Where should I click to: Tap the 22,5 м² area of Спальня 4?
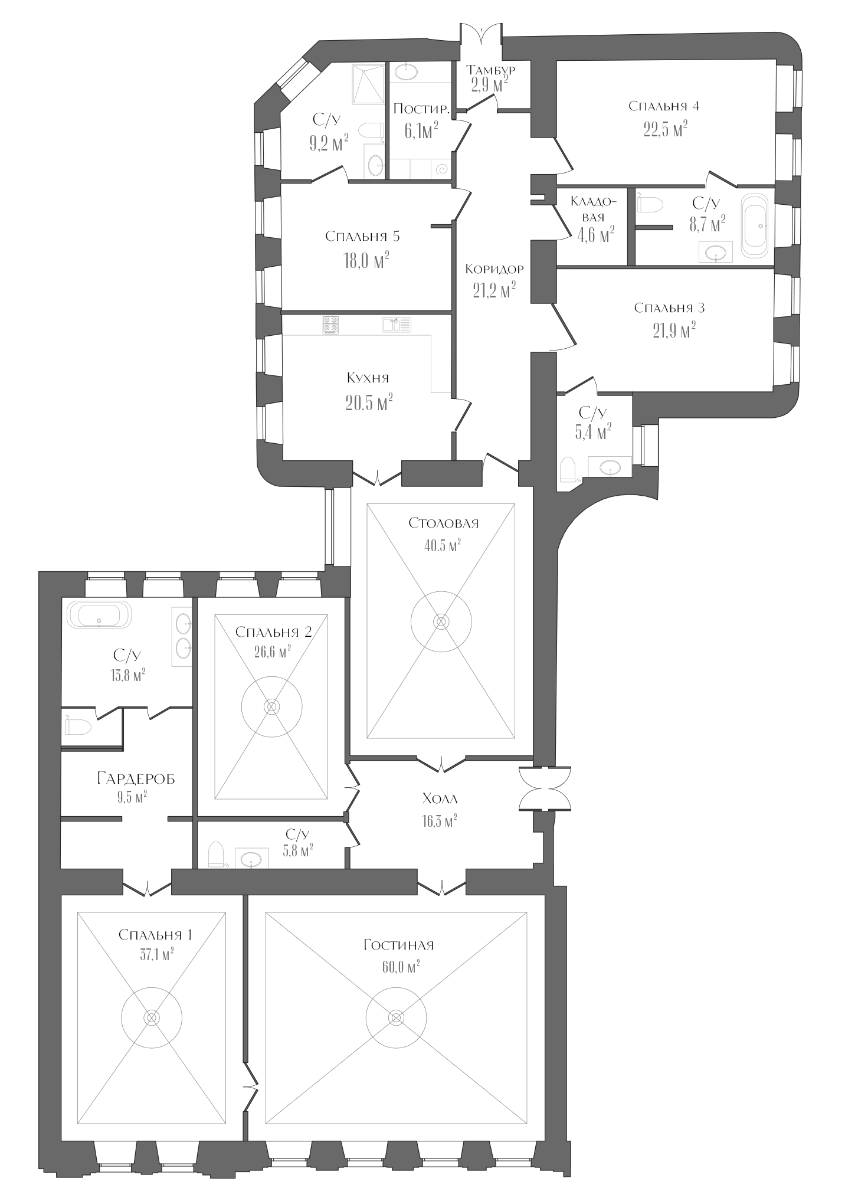click(665, 129)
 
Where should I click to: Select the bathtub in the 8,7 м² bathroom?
click(755, 225)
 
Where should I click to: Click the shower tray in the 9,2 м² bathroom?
click(368, 84)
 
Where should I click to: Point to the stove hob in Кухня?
click(330, 324)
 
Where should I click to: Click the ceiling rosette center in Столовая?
click(441, 621)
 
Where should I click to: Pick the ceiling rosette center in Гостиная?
click(396, 1017)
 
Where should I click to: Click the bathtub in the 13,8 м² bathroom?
click(99, 615)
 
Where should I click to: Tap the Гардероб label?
click(136, 779)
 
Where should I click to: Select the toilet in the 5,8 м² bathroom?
click(217, 855)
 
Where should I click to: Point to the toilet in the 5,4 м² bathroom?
click(568, 470)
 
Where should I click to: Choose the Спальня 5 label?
click(362, 237)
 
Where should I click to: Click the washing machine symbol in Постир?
click(441, 170)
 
